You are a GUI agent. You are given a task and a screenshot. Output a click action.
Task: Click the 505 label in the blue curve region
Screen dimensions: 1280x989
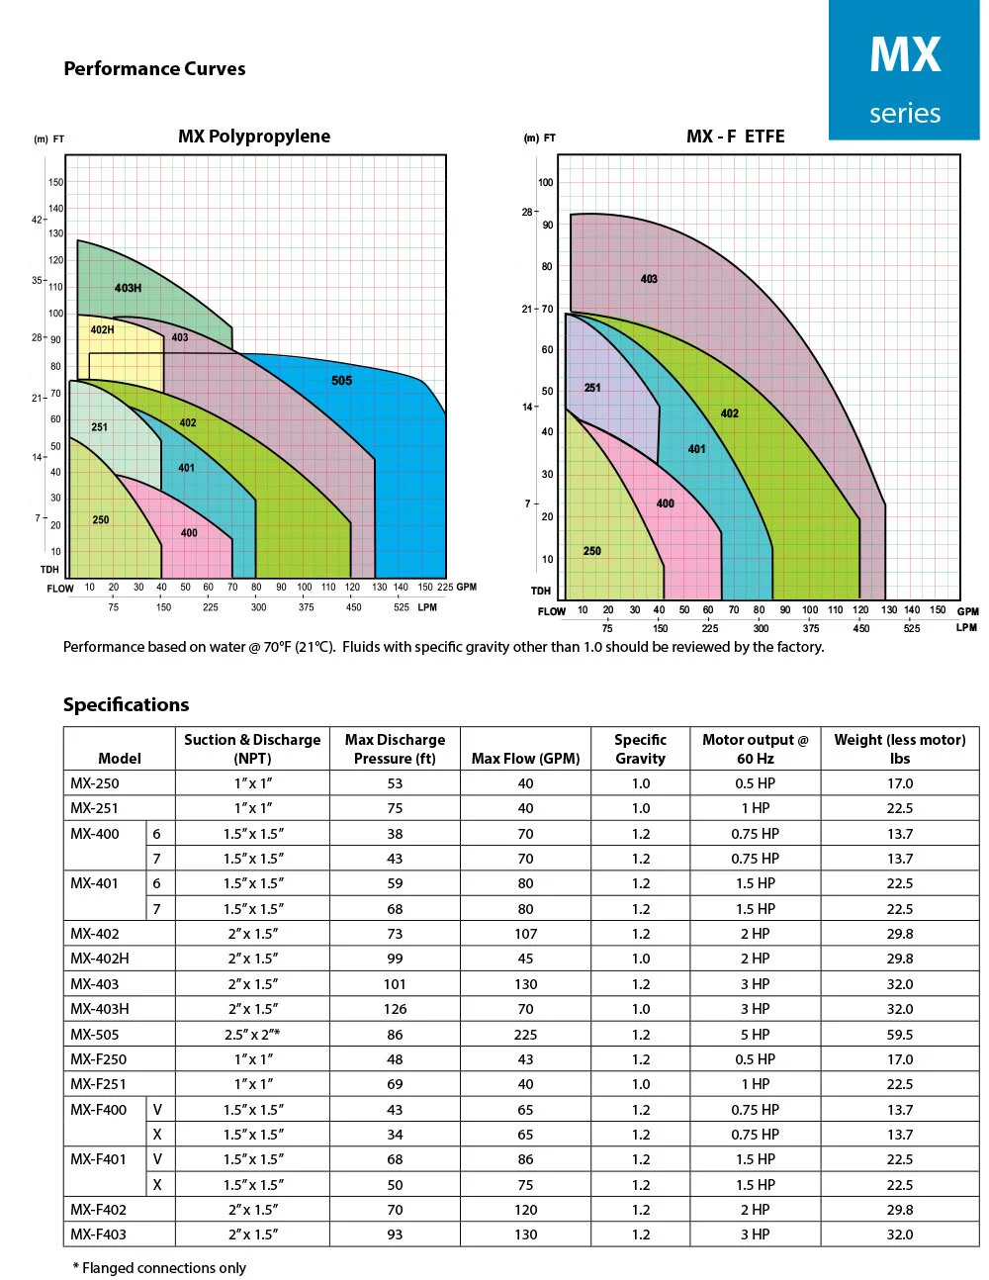click(341, 381)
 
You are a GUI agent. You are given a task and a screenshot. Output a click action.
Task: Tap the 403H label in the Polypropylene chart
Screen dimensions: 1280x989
click(128, 288)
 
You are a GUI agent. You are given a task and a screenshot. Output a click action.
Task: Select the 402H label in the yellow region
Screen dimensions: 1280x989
click(102, 329)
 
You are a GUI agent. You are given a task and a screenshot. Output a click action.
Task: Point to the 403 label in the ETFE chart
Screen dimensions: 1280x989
click(649, 279)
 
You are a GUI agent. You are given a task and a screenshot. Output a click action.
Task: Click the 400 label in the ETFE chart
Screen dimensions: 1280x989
click(666, 503)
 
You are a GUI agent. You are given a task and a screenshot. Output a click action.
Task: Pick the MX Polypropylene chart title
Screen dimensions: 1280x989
click(254, 137)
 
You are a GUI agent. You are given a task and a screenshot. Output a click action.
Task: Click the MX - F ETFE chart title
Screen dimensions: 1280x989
click(735, 137)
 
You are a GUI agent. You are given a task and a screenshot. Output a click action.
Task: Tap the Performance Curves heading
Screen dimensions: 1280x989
click(154, 68)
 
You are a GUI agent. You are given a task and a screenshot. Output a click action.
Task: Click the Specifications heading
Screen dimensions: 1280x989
click(126, 704)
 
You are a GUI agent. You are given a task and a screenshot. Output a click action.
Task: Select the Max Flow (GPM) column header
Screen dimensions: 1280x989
click(525, 759)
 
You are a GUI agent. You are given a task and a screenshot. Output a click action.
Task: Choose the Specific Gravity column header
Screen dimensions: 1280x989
click(640, 749)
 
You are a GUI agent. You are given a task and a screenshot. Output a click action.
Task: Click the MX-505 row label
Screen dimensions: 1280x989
click(95, 1035)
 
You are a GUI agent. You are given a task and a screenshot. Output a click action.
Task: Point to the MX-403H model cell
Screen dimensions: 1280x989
click(100, 1009)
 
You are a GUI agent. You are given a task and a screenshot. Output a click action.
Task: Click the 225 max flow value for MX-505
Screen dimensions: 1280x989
click(525, 1035)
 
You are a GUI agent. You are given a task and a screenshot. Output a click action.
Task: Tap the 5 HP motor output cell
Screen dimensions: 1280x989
click(755, 1035)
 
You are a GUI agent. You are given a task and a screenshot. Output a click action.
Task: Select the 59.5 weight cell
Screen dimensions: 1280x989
click(899, 1035)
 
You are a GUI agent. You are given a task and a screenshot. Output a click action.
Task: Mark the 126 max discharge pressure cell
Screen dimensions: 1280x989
click(395, 1009)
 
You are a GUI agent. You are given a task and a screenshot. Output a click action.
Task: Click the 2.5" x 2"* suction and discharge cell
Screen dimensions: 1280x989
click(253, 1035)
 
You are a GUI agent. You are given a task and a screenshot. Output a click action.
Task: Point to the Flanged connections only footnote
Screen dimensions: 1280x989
click(160, 1268)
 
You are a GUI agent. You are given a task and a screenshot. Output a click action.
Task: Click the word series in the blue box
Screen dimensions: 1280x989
click(905, 113)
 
